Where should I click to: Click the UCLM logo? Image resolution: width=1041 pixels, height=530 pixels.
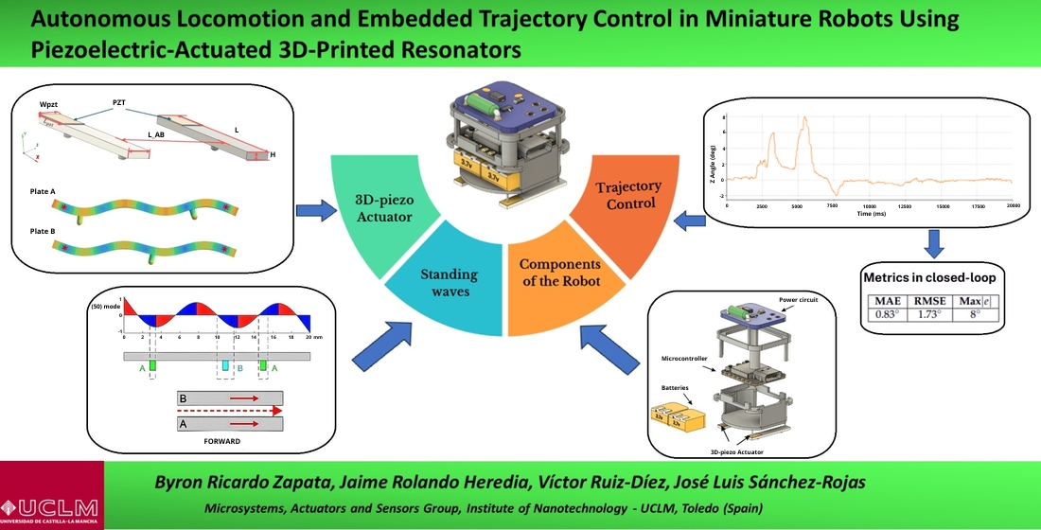pyautogui.click(x=51, y=495)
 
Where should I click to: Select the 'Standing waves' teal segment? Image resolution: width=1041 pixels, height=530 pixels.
pyautogui.click(x=450, y=283)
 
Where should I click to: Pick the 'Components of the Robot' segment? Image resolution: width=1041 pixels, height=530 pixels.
pyautogui.click(x=559, y=274)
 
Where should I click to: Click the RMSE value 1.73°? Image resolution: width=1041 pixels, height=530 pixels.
pyautogui.click(x=930, y=313)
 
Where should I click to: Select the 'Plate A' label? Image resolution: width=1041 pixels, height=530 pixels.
pyautogui.click(x=43, y=190)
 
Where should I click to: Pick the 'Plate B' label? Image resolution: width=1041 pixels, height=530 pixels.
pyautogui.click(x=43, y=230)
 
